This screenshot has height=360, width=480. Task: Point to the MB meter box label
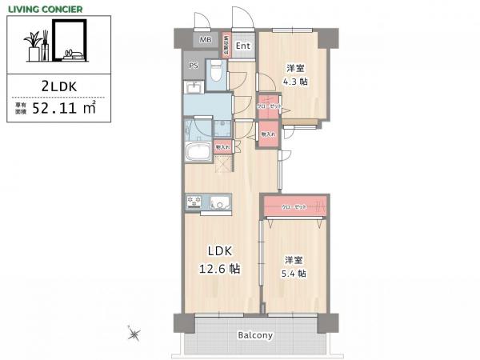coord(205,39)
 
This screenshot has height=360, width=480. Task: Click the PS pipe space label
coord(193,66)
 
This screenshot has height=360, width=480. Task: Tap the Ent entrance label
coord(243,46)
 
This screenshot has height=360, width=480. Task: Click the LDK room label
coord(220,250)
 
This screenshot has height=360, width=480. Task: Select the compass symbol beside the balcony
coord(133,334)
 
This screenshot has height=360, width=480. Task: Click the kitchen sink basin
coord(218,204)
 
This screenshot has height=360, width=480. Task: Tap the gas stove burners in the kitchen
coord(194,204)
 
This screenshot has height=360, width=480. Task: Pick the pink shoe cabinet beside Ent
coord(226,46)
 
